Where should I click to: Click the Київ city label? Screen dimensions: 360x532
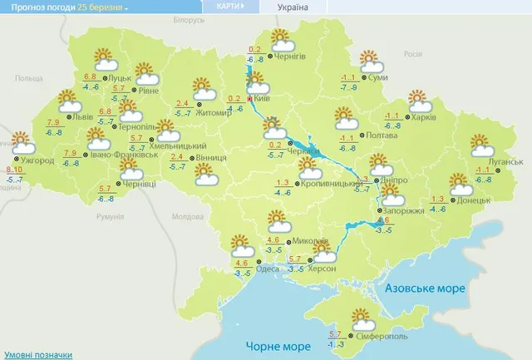pyautogui.click(x=263, y=98)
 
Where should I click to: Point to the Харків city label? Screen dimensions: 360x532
pyautogui.click(x=424, y=117)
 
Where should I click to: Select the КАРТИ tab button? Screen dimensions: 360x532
pyautogui.click(x=229, y=7)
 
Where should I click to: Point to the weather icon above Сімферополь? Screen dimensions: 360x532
pyautogui.click(x=363, y=318)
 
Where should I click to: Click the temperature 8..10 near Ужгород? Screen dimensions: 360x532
pyautogui.click(x=15, y=169)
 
